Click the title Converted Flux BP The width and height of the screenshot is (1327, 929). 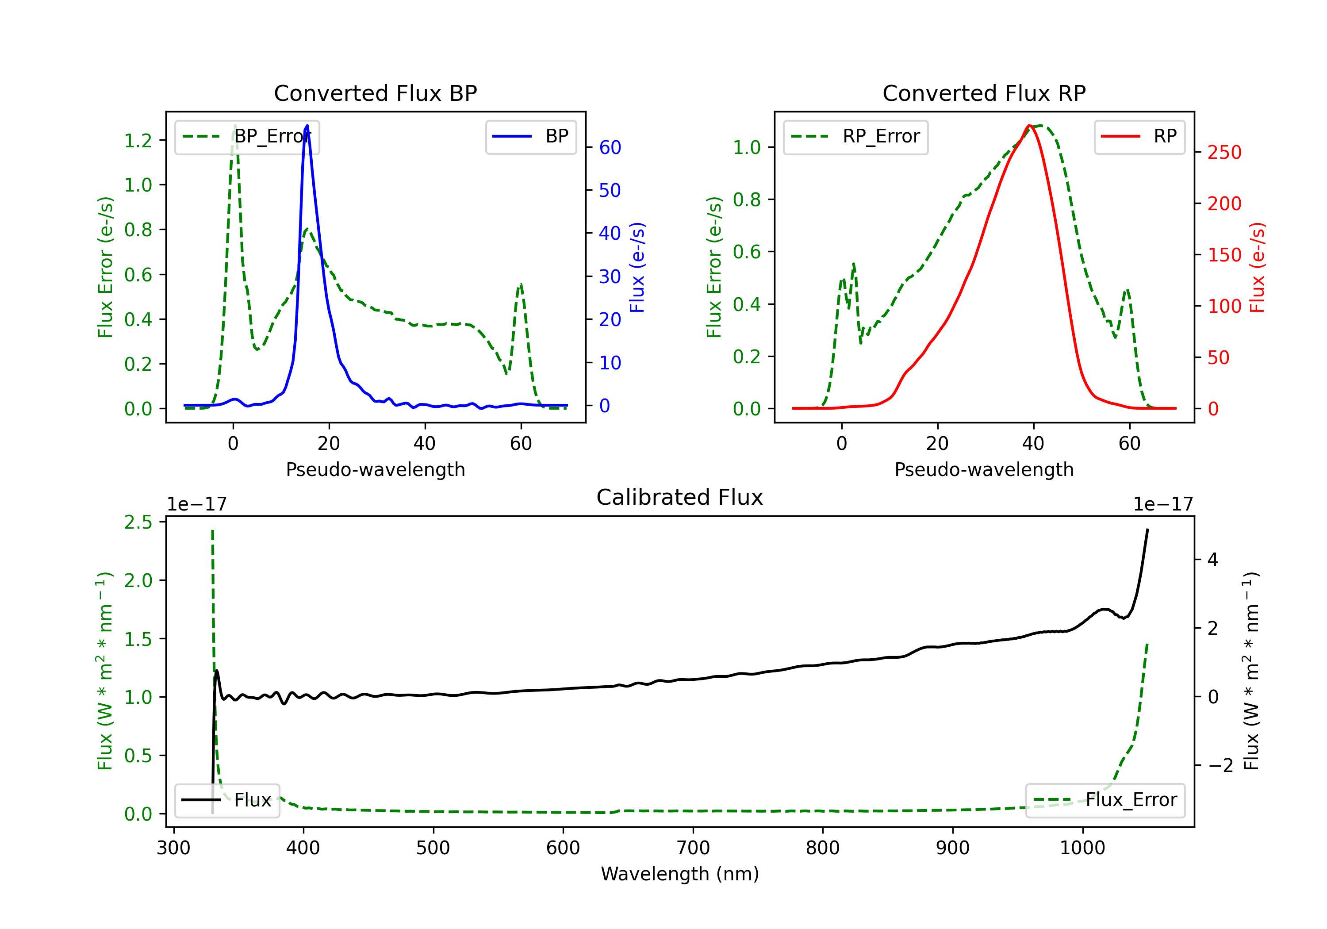click(375, 93)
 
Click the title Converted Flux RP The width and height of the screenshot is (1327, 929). click(984, 93)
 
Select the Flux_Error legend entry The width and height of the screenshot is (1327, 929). click(1105, 800)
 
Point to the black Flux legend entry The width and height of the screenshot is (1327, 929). click(227, 800)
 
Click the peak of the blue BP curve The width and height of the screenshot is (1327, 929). click(307, 126)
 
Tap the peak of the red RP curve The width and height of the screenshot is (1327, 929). click(1029, 126)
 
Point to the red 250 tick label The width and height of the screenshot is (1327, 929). click(1224, 153)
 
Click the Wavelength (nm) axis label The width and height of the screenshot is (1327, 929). click(680, 874)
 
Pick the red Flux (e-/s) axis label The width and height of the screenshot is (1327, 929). click(1257, 267)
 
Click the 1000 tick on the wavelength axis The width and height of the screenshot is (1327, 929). click(1082, 848)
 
